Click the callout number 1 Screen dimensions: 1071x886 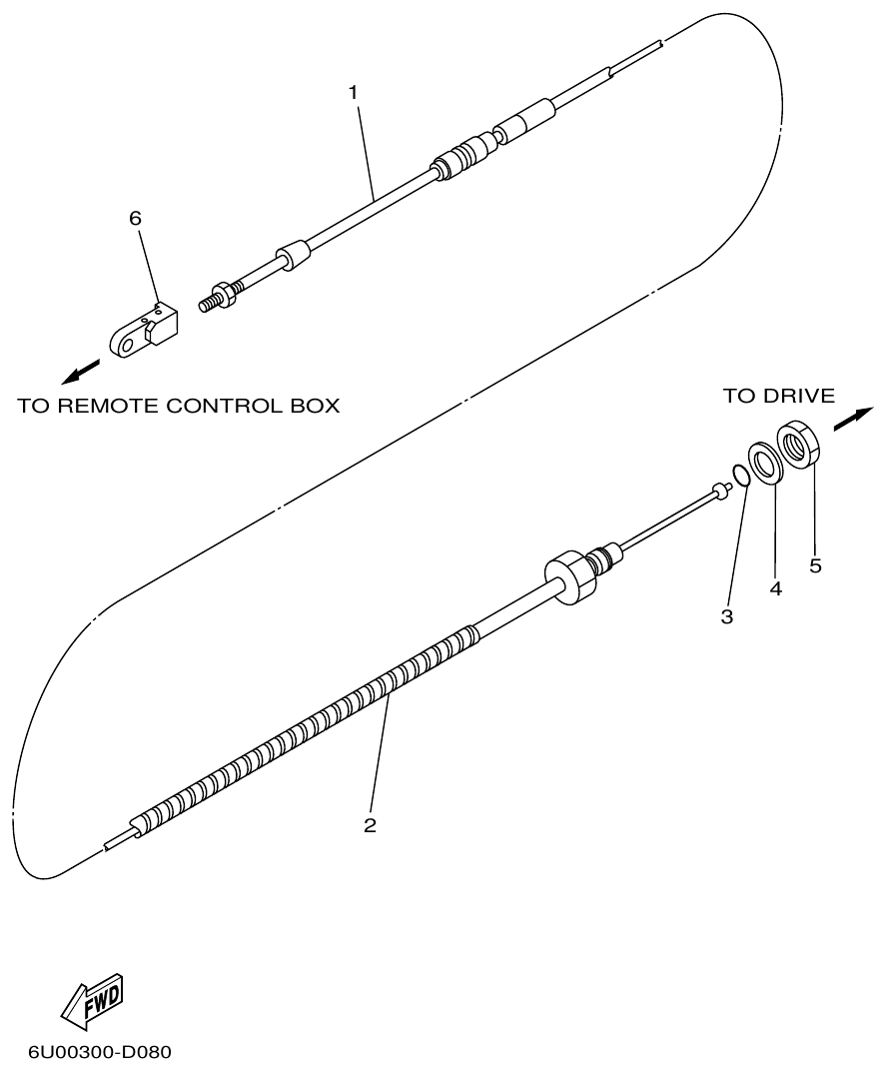[x=353, y=92]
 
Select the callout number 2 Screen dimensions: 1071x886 [x=370, y=826]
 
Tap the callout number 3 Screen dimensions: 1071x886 [x=727, y=617]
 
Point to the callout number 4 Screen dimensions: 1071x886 [x=775, y=589]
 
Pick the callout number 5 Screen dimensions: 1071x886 [x=815, y=566]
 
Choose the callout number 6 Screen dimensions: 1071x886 [x=136, y=219]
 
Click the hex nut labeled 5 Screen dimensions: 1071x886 [x=799, y=443]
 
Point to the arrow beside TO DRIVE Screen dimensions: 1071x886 [x=852, y=418]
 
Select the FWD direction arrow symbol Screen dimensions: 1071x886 [x=92, y=1001]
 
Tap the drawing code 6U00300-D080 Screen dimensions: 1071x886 [x=100, y=1053]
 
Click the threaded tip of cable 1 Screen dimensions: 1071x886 [x=210, y=301]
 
